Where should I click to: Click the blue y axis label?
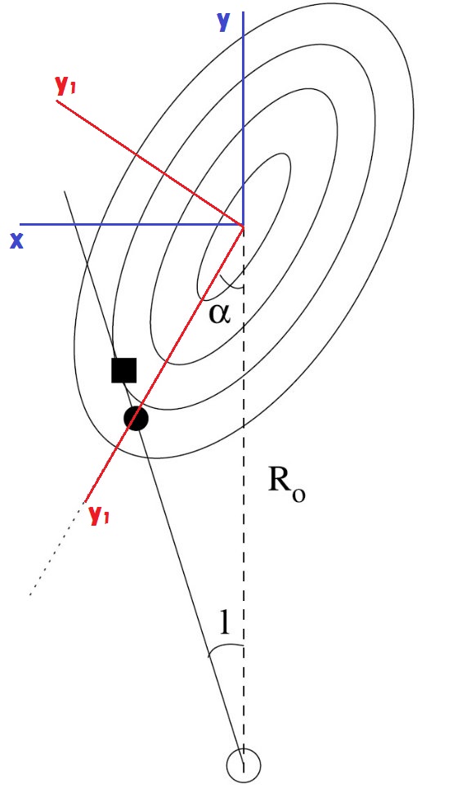224,22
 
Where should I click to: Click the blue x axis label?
17,240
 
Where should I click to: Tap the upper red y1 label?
65,87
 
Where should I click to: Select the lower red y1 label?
99,515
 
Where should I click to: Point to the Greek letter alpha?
219,314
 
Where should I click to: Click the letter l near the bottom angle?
224,622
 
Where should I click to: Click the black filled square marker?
124,370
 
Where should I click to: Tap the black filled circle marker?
136,419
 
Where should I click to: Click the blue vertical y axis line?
243,118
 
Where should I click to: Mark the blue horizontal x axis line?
132,224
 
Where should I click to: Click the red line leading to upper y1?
150,163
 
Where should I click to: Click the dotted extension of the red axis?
56,549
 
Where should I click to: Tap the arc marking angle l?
226,648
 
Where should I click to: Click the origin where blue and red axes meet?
243,224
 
